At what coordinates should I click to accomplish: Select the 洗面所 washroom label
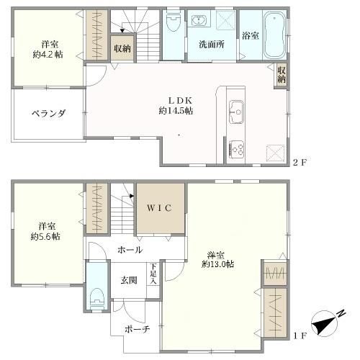(211, 44)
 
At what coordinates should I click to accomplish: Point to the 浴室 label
(251, 35)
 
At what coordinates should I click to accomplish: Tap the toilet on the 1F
(96, 297)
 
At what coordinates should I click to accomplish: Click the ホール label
(130, 249)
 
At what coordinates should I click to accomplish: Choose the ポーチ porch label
(135, 330)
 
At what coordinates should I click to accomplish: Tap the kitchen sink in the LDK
(236, 112)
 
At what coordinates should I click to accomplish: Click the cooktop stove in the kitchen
(236, 150)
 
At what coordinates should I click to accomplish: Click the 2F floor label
(300, 163)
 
